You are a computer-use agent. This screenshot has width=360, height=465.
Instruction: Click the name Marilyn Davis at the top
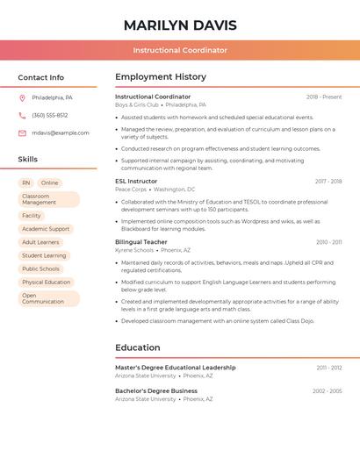(180, 25)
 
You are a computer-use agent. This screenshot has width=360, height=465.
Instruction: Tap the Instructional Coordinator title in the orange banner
(180, 51)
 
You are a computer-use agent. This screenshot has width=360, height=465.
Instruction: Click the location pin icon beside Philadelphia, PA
(22, 97)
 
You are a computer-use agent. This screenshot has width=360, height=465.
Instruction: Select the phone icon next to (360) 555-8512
(22, 115)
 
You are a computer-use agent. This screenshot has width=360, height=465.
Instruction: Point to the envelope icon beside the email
(22, 132)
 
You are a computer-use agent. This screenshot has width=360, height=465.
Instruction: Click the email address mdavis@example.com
(61, 132)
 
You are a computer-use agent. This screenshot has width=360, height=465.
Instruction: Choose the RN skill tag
(26, 183)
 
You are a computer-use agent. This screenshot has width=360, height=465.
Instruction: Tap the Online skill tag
(49, 183)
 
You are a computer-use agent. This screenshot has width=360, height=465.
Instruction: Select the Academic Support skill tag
(46, 229)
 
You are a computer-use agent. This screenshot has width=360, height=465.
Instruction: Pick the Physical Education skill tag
(46, 283)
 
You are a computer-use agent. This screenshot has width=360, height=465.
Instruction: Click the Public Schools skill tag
(40, 269)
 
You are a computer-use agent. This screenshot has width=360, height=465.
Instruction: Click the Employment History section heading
(161, 77)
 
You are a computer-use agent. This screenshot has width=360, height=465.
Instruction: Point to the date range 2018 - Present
(324, 97)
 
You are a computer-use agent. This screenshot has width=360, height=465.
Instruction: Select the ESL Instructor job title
(136, 181)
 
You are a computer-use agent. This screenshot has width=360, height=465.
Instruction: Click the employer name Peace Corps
(131, 190)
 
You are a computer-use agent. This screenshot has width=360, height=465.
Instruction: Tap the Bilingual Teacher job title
(140, 241)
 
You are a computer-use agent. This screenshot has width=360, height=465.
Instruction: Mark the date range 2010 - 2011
(329, 241)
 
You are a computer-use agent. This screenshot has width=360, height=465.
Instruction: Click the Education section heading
(137, 347)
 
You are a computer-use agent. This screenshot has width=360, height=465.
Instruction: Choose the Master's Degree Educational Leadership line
(175, 368)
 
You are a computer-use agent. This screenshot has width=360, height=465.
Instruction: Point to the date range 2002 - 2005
(327, 390)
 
